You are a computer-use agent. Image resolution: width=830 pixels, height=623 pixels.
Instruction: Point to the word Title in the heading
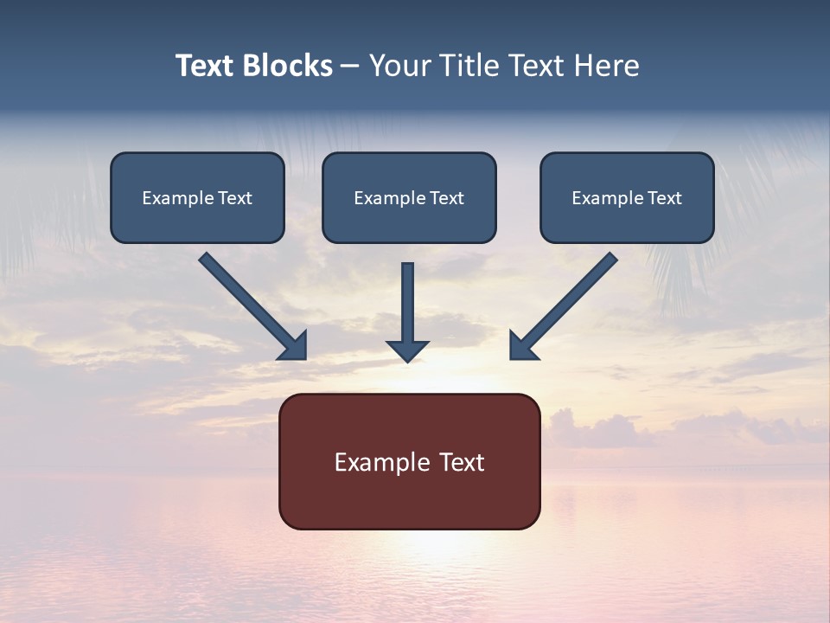pos(469,66)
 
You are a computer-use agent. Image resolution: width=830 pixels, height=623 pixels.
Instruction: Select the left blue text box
pos(197,198)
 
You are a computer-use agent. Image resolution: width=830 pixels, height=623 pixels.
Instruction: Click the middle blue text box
pos(409,198)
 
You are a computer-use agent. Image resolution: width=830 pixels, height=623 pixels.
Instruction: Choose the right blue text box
pos(627,198)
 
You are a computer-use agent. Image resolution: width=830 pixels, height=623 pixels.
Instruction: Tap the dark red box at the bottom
pos(409,461)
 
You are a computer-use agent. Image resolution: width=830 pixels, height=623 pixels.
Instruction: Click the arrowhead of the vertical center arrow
pos(407,350)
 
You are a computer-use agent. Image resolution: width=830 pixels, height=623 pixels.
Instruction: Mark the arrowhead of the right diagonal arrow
pos(522,347)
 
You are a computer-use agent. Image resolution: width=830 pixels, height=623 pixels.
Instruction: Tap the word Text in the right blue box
pos(665,198)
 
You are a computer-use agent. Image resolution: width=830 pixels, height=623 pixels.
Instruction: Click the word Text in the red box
pos(463,462)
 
